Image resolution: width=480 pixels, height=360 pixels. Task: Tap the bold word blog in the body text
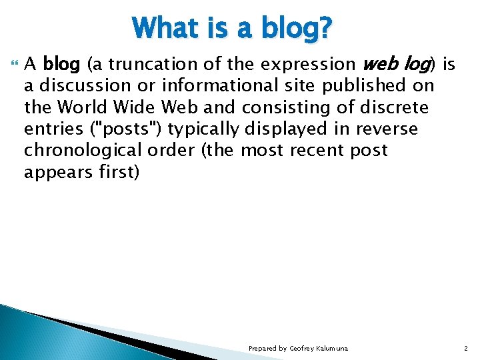click(61, 65)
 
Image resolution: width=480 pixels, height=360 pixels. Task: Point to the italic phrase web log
click(397, 65)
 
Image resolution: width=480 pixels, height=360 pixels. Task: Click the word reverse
click(386, 129)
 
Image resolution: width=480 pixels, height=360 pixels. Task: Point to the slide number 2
click(465, 349)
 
